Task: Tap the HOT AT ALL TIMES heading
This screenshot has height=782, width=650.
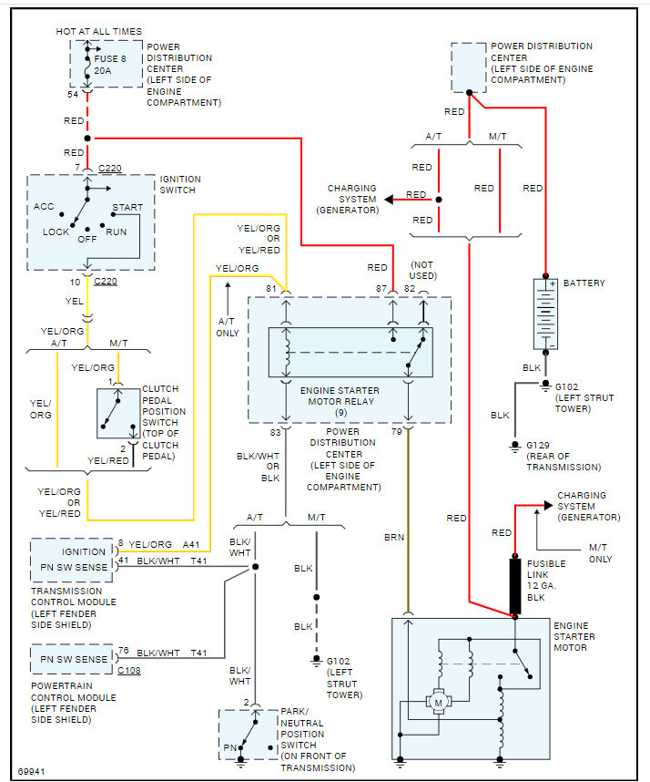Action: tap(98, 32)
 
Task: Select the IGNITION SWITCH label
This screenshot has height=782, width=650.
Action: tap(180, 184)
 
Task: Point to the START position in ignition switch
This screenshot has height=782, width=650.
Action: tap(127, 207)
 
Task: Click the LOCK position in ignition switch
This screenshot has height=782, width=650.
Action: tap(56, 232)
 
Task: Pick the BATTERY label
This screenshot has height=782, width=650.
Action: tap(584, 283)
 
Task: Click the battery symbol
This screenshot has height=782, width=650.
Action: tap(546, 314)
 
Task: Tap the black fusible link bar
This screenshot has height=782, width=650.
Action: tap(515, 585)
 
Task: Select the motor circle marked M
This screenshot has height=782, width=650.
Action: tap(438, 703)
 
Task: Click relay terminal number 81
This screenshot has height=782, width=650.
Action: tap(271, 289)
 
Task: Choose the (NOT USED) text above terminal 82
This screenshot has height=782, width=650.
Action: tap(422, 268)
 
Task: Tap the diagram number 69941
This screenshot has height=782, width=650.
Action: tap(32, 769)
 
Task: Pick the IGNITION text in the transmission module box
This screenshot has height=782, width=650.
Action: tap(83, 551)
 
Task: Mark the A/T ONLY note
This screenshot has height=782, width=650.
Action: tap(228, 327)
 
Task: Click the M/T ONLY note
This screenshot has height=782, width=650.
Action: tap(599, 553)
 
